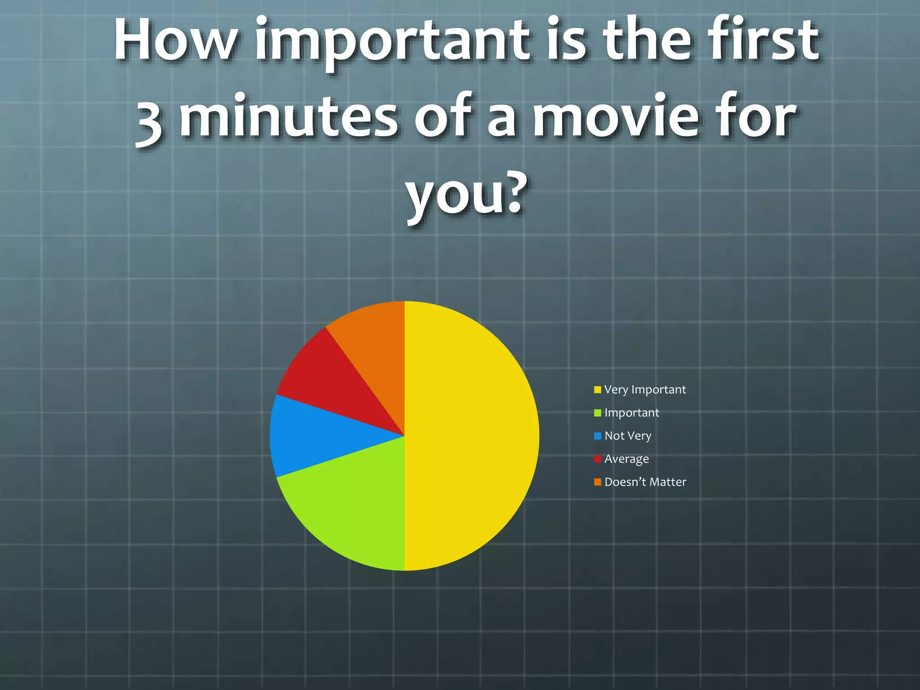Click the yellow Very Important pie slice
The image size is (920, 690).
coord(472,436)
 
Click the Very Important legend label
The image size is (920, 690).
coord(645,389)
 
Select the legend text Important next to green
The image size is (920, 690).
coord(632,412)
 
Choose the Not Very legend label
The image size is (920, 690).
coord(628,436)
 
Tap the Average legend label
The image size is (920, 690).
coord(627,459)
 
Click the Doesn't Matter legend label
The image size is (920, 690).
coord(645,482)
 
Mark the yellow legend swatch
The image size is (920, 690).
coord(597,389)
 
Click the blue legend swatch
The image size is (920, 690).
coord(597,436)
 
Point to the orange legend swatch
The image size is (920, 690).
coord(597,482)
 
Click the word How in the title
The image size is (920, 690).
coord(175,40)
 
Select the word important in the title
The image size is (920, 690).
coord(395,43)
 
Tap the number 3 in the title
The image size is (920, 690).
coord(149,121)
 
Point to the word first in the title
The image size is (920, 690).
coord(764,40)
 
